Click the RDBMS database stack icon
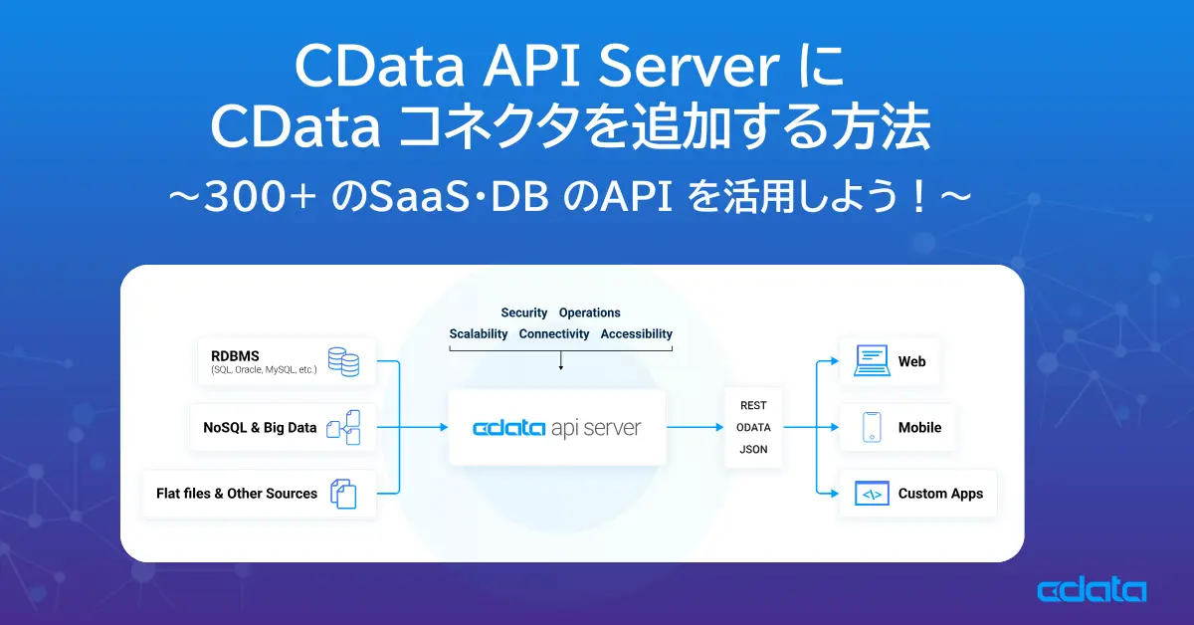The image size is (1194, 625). pyautogui.click(x=343, y=361)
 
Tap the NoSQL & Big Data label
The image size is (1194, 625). pyautogui.click(x=260, y=428)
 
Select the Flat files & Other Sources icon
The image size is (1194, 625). pyautogui.click(x=343, y=494)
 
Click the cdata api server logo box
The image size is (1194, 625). pyautogui.click(x=557, y=428)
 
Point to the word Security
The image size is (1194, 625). pyautogui.click(x=523, y=312)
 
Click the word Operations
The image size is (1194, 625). pyautogui.click(x=589, y=312)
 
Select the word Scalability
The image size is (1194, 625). pyautogui.click(x=479, y=334)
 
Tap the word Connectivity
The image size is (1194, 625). pyautogui.click(x=554, y=334)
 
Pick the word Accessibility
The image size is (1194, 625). pyautogui.click(x=636, y=334)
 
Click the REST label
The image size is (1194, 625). pyautogui.click(x=753, y=405)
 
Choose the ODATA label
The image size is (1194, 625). pyautogui.click(x=753, y=427)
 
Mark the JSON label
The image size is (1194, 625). pyautogui.click(x=753, y=449)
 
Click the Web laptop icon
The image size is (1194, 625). pyautogui.click(x=871, y=361)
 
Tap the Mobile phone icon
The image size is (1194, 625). pyautogui.click(x=872, y=428)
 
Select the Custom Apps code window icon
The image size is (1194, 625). pyautogui.click(x=872, y=494)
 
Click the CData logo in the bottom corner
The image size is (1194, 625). pyautogui.click(x=1092, y=591)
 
